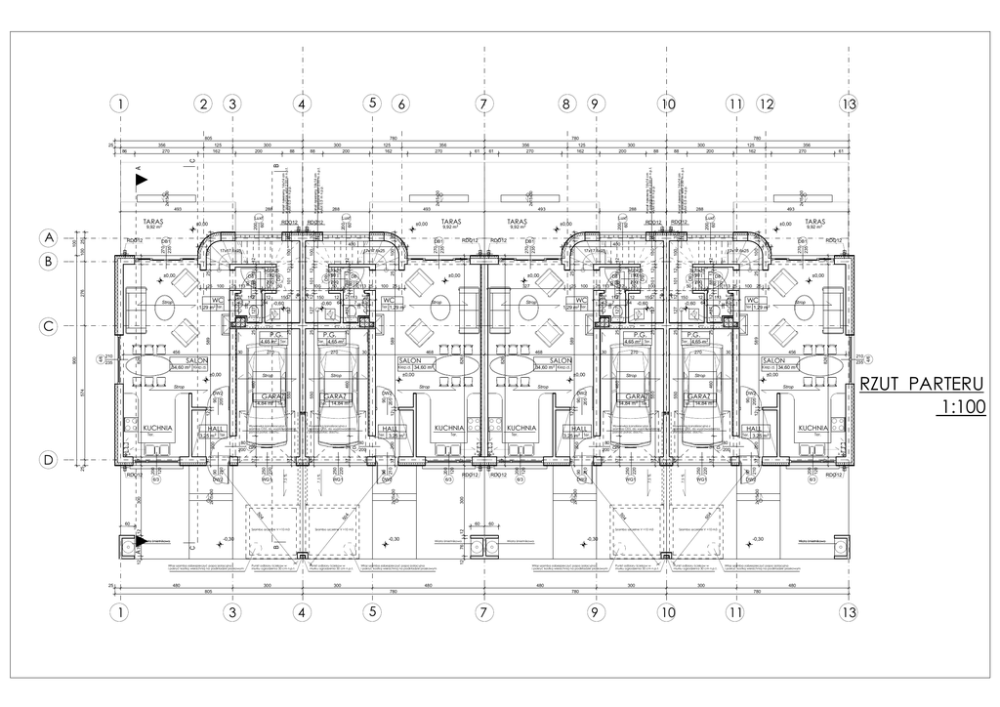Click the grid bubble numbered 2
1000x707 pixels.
click(x=203, y=104)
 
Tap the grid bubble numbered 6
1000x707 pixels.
click(x=399, y=104)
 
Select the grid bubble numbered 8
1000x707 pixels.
click(x=565, y=104)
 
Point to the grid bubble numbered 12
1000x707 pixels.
click(x=766, y=104)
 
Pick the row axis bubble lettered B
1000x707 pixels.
click(x=46, y=261)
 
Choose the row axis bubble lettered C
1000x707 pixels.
click(x=46, y=327)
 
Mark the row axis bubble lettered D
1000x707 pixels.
click(x=46, y=460)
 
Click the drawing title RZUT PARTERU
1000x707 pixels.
click(x=920, y=384)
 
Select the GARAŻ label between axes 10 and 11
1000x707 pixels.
click(x=699, y=396)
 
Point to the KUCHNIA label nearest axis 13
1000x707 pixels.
click(x=812, y=428)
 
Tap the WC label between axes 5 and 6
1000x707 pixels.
click(x=389, y=300)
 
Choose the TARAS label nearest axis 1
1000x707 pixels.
click(x=151, y=222)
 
